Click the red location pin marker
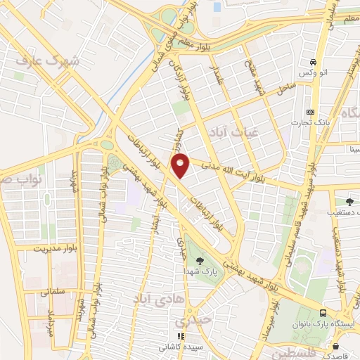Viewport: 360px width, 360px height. (x=181, y=165)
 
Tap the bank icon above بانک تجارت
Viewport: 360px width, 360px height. (x=311, y=112)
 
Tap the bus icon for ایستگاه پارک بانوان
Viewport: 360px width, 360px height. (x=322, y=314)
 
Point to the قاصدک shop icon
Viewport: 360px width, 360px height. (x=337, y=347)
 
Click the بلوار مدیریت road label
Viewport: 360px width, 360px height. (x=44, y=248)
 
